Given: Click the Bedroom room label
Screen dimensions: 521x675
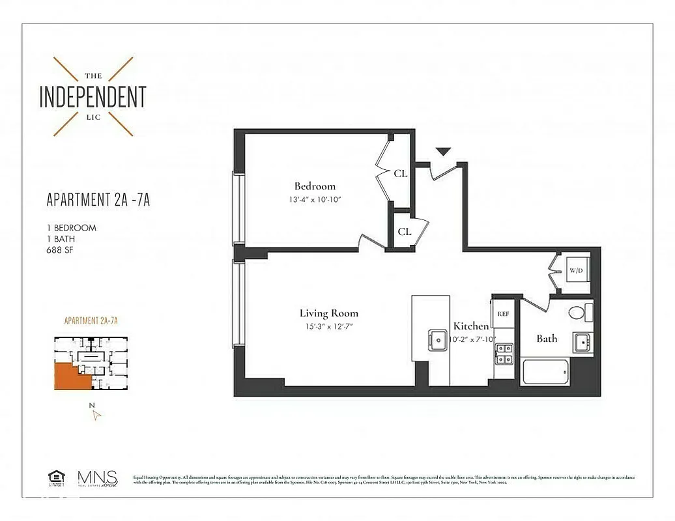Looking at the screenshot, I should (x=315, y=186).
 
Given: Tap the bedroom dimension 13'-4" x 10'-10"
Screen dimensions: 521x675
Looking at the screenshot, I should (x=315, y=199).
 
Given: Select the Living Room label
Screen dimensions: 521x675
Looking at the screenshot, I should (x=328, y=313).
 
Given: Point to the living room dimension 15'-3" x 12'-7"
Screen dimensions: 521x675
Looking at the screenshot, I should (x=328, y=326).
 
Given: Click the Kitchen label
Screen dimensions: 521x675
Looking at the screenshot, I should (x=471, y=326).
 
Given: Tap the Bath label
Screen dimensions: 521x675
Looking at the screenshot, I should (x=547, y=338).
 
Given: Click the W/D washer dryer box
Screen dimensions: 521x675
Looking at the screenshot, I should (x=575, y=270).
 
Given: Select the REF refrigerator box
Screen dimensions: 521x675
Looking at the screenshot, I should (x=503, y=313).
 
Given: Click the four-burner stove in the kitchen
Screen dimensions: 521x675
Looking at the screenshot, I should (x=503, y=354).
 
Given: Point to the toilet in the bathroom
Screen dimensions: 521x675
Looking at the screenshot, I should (x=579, y=312).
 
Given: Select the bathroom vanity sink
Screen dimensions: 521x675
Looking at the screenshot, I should (x=582, y=341).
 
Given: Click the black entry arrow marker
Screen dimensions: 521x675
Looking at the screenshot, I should (x=443, y=152).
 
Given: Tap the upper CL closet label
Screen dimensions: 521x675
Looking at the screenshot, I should (x=401, y=173).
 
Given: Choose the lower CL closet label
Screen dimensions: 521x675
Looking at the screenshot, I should (x=405, y=231).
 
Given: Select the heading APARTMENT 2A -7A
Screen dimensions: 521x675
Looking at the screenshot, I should (x=98, y=200).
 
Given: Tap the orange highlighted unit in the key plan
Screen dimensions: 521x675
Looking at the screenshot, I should (x=69, y=376).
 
